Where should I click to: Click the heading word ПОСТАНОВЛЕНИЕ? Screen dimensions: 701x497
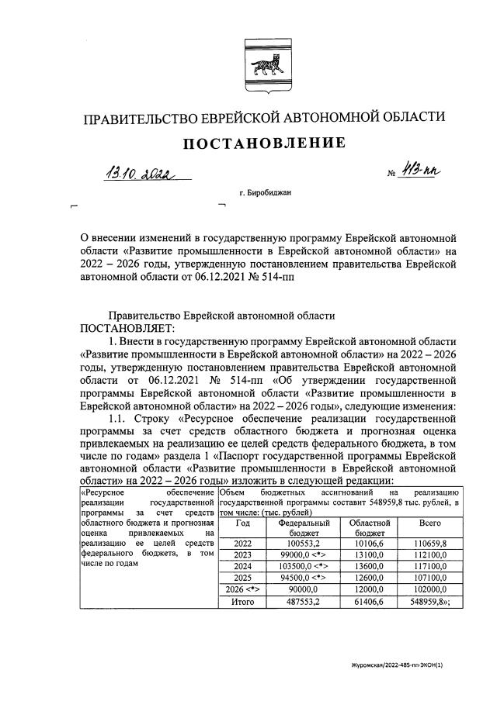pyautogui.click(x=263, y=143)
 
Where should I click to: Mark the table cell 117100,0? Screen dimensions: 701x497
pyautogui.click(x=429, y=567)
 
